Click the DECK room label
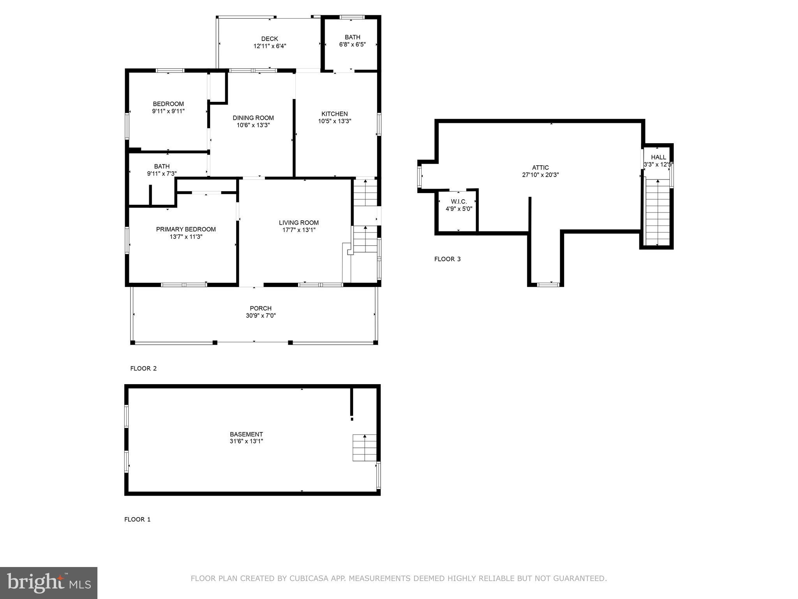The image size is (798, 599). pos(269,39)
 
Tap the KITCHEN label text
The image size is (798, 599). pos(334,114)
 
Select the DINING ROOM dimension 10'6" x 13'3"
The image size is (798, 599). pos(253,125)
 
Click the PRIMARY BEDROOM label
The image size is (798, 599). pos(186,229)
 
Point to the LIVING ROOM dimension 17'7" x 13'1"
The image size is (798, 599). pos(298,230)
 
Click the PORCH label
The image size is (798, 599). pos(261,308)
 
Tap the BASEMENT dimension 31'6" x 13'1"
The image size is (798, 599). pos(246,441)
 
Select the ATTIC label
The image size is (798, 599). pos(540,168)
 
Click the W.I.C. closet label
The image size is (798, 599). pos(459,202)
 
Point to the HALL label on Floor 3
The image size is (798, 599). pos(658,157)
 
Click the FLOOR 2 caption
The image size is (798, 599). pos(143,369)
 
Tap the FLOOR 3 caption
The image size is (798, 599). pos(447,259)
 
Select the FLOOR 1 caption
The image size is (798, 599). pos(137,519)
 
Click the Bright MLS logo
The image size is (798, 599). pos(49,583)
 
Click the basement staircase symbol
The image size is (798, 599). pos(364,447)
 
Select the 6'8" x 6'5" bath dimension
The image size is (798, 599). pos(352,44)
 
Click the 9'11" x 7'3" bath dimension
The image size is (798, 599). pos(162,174)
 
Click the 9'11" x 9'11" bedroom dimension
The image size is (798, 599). pos(168,111)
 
